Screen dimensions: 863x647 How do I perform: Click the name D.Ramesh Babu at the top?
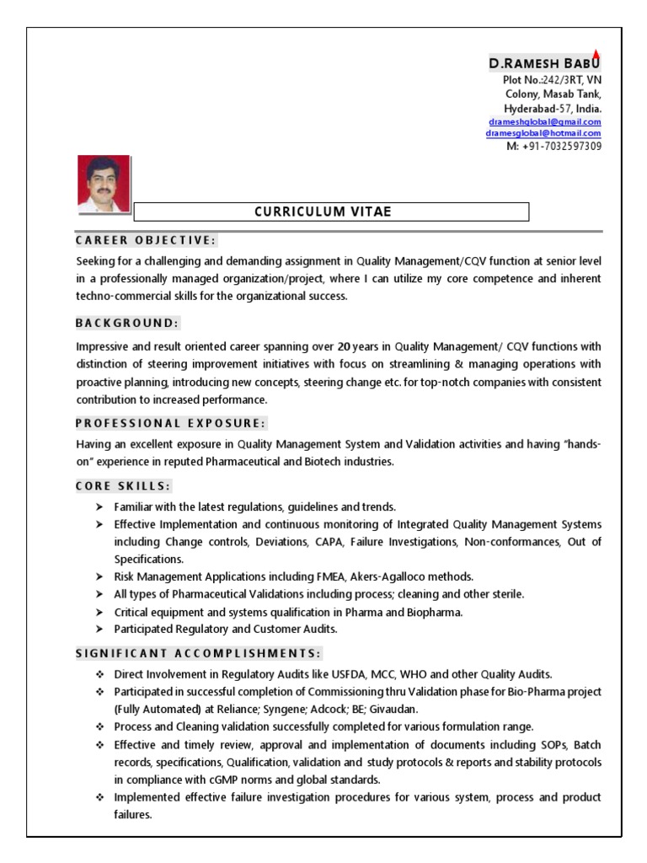[x=545, y=64]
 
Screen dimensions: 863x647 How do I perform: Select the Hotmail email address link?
[x=543, y=133]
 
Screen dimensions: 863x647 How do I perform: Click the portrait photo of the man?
[x=104, y=183]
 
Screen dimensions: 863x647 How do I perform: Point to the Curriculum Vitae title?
[x=323, y=212]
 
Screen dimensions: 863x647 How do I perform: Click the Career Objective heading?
[x=146, y=240]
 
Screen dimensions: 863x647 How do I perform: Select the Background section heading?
[x=127, y=323]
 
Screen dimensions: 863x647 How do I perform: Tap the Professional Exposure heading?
[x=171, y=423]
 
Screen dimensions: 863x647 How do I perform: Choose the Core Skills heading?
[x=123, y=486]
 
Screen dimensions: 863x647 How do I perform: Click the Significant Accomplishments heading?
[x=198, y=653]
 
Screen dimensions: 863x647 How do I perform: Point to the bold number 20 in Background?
[x=344, y=346]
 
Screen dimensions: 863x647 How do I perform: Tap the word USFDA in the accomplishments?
[x=348, y=674]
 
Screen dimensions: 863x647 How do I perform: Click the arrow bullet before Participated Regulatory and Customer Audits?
[x=99, y=630]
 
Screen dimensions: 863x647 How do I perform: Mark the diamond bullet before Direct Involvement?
[x=99, y=674]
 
